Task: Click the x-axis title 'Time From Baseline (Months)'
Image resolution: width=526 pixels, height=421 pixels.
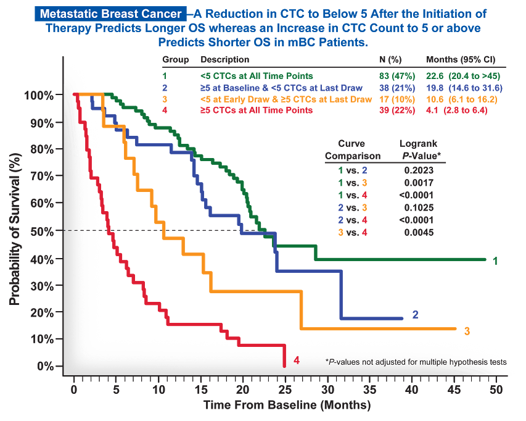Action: (x=287, y=406)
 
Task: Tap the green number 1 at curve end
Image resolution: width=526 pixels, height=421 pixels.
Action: (x=495, y=261)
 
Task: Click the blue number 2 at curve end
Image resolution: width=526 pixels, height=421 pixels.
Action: (x=415, y=315)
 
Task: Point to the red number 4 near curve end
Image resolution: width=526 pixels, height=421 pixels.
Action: (x=297, y=360)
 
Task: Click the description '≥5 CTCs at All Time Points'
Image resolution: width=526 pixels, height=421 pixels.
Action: (x=256, y=110)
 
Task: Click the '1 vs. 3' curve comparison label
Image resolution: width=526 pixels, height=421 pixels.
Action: (x=352, y=182)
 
